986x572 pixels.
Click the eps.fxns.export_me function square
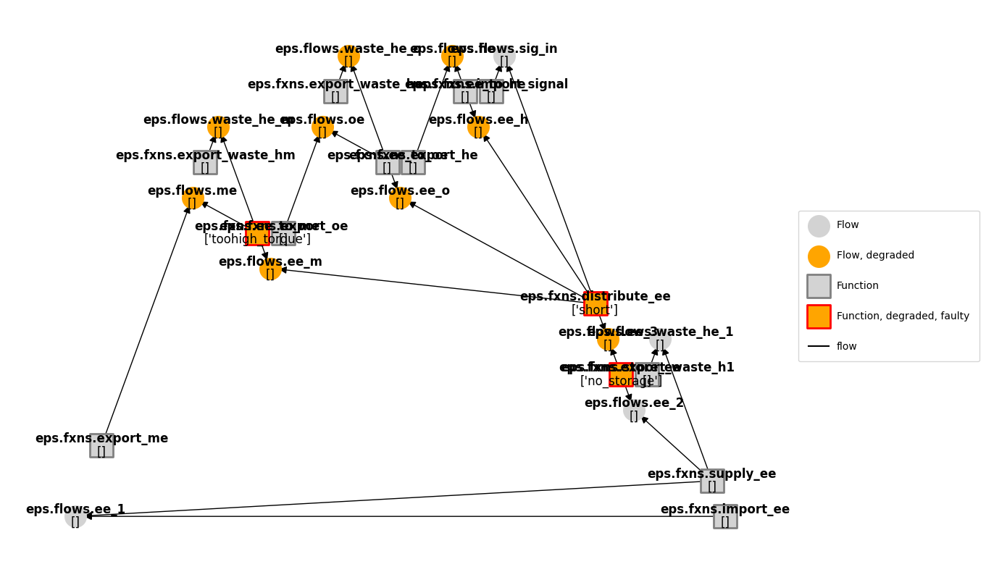(x=101, y=445)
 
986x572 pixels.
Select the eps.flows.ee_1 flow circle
(x=75, y=516)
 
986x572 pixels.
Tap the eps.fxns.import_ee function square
(x=725, y=516)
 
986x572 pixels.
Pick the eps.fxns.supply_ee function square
(x=712, y=481)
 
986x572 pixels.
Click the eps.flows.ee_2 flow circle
(x=634, y=410)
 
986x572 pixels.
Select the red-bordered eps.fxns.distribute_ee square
(x=596, y=303)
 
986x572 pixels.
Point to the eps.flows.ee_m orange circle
(x=270, y=269)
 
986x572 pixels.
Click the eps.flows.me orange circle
(x=193, y=198)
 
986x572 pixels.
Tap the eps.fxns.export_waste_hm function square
(x=205, y=162)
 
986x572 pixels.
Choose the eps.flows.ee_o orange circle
(x=400, y=198)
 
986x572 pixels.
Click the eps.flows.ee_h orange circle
(x=478, y=127)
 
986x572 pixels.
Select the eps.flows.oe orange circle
(x=322, y=127)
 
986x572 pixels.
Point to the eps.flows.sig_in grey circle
(x=504, y=56)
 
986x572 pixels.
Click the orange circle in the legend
(x=819, y=256)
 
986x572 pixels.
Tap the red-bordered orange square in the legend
(x=819, y=316)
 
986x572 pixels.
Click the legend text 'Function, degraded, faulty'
(x=903, y=316)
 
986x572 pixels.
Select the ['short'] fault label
(x=595, y=311)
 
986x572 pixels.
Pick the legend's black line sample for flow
(x=819, y=346)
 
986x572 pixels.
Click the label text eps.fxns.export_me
(x=101, y=438)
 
